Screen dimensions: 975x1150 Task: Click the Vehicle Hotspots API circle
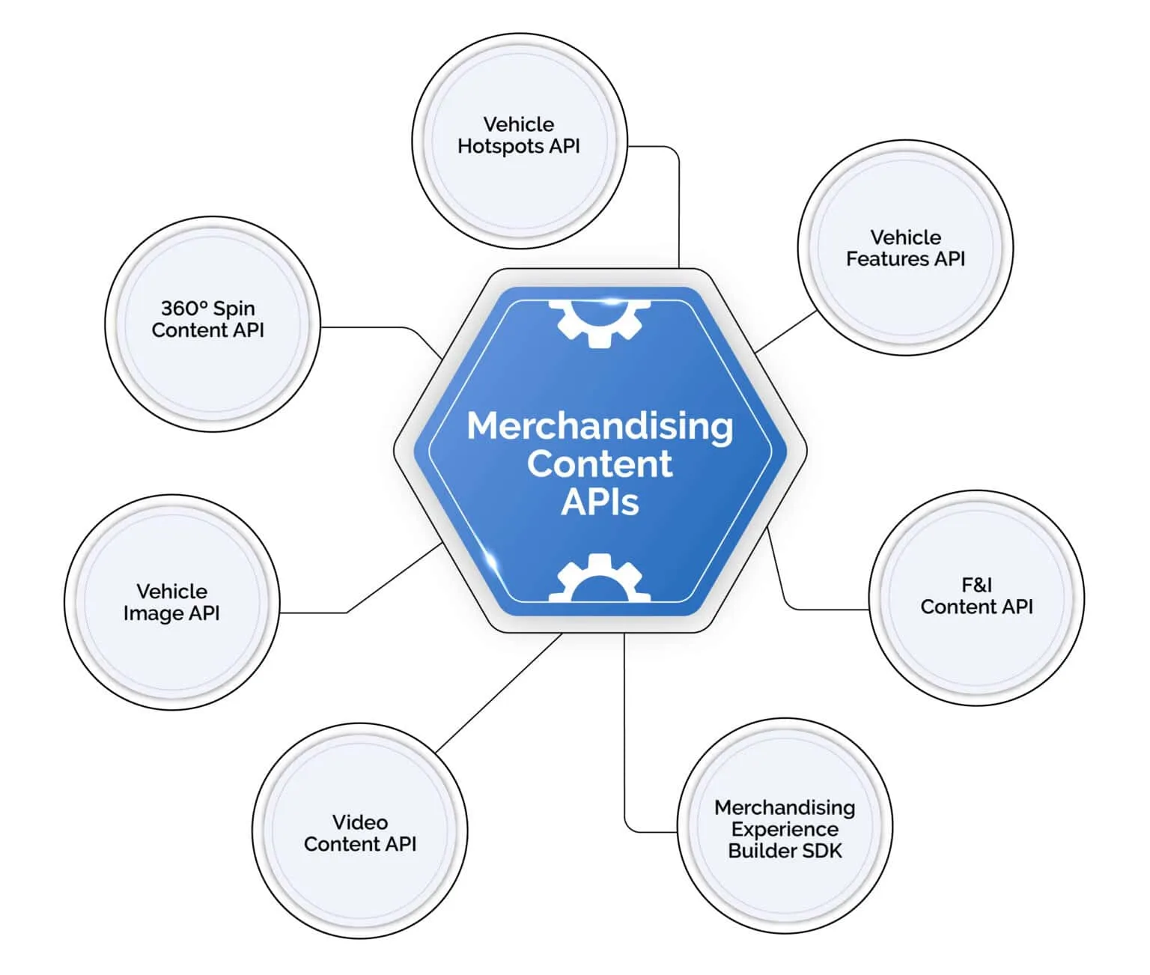pos(519,141)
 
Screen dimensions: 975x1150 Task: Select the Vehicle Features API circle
pos(905,248)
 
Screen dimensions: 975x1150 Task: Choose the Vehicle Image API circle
pos(171,602)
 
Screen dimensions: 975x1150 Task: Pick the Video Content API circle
pos(359,831)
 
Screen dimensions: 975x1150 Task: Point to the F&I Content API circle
pos(976,597)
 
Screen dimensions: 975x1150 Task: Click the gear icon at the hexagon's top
pos(600,321)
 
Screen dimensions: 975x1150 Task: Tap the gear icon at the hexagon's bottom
pos(599,580)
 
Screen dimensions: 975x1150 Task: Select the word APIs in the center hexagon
pos(600,502)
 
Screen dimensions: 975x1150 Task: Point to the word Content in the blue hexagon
pos(600,464)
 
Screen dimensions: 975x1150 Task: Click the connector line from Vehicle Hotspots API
pos(678,202)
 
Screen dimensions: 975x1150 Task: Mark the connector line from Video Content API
pos(498,693)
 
